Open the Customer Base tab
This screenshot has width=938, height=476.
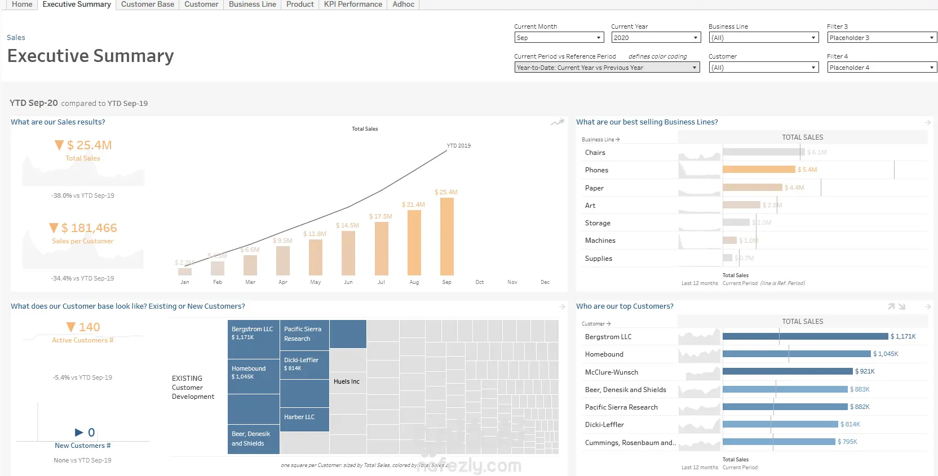147,5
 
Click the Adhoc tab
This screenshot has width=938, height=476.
403,5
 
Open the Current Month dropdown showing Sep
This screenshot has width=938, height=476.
559,38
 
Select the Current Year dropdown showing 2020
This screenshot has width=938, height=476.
655,38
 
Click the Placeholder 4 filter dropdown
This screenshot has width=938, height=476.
882,68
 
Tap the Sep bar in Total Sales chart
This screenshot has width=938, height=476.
447,237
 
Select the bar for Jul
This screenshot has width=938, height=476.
382,248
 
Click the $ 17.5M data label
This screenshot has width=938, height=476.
380,216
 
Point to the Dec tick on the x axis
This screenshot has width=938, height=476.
545,282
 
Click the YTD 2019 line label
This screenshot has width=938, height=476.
458,146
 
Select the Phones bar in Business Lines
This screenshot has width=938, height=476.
759,170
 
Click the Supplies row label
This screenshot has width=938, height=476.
598,259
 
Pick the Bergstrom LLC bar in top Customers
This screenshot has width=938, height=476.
805,336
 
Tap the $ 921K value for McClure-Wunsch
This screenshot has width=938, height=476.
865,372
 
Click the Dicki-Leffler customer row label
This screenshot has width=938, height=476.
604,425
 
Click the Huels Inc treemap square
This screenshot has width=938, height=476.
347,381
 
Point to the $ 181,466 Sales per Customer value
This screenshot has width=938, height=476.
89,228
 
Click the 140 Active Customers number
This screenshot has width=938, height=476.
89,327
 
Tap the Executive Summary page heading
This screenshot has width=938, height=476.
91,56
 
